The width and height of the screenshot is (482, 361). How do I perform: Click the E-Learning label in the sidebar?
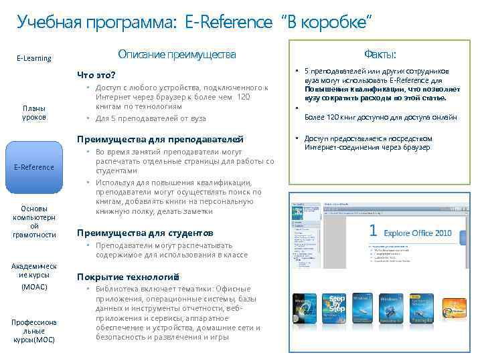pyautogui.click(x=33, y=58)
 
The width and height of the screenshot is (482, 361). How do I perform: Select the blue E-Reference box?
pyautogui.click(x=33, y=166)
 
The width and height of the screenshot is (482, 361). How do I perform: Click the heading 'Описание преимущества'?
pyautogui.click(x=177, y=53)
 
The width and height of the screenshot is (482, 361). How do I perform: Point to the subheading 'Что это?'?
pyautogui.click(x=96, y=75)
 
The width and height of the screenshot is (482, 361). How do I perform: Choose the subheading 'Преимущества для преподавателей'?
pyautogui.click(x=160, y=140)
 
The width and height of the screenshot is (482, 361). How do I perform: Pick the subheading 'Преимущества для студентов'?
pyautogui.click(x=145, y=233)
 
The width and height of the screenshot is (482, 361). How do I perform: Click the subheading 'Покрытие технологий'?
pyautogui.click(x=128, y=277)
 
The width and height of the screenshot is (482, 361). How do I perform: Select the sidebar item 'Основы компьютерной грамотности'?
pyautogui.click(x=33, y=221)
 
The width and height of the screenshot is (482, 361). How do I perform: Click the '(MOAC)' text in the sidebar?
pyautogui.click(x=33, y=287)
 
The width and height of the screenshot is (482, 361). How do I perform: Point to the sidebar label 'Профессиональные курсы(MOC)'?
pyautogui.click(x=33, y=330)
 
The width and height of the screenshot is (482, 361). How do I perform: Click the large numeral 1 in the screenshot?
pyautogui.click(x=374, y=231)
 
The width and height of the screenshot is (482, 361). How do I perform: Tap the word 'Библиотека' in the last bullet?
pyautogui.click(x=118, y=289)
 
